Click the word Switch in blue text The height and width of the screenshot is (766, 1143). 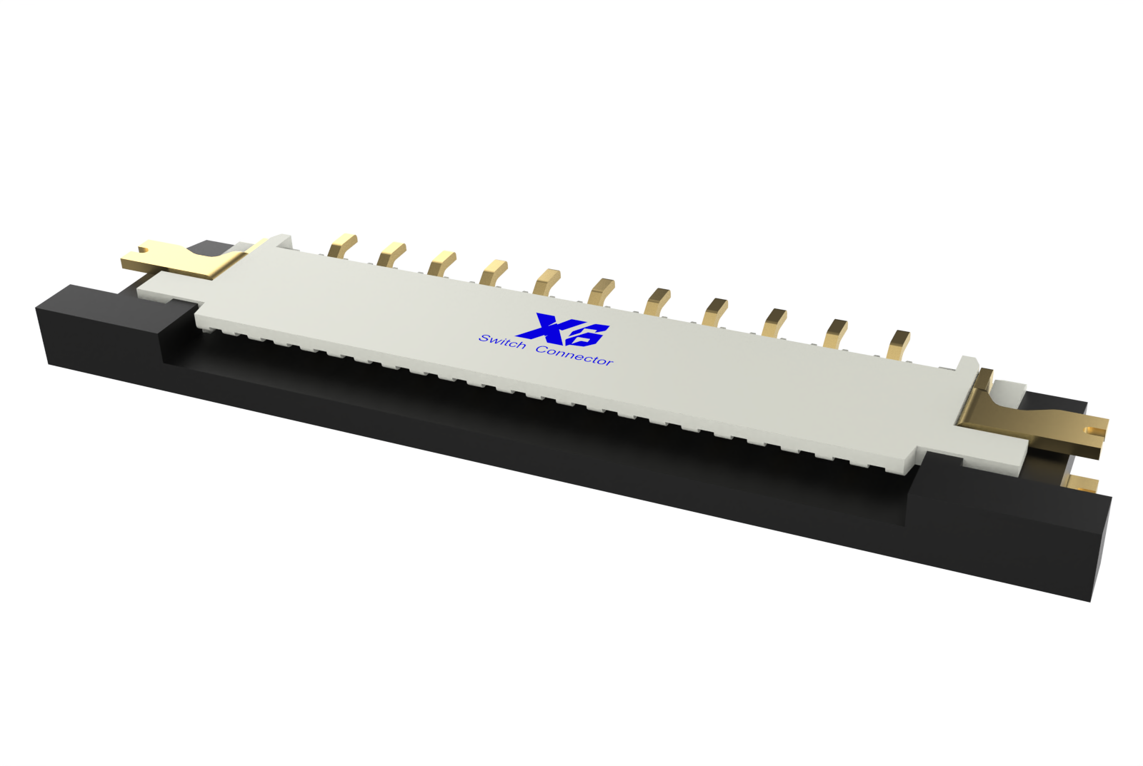pos(502,342)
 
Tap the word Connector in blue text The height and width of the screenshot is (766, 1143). pos(574,355)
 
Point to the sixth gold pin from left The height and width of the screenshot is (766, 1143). pos(601,290)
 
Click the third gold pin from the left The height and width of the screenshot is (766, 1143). pos(441,262)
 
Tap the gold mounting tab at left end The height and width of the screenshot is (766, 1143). pos(171,260)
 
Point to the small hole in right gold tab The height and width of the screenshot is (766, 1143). pos(1091,430)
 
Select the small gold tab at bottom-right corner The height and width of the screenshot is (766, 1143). pos(1083,484)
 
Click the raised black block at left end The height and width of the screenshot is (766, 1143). pos(114,321)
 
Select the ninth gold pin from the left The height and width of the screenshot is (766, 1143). pos(774,321)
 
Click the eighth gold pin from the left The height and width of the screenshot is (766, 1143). pos(714,311)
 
